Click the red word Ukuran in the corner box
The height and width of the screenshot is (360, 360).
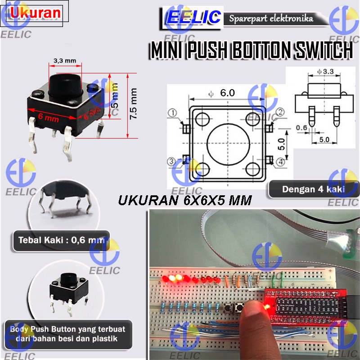point(36,13)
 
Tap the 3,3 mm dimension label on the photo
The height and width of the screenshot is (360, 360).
point(64,60)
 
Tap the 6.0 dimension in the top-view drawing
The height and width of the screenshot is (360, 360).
point(227,93)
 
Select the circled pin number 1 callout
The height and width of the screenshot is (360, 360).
point(172,112)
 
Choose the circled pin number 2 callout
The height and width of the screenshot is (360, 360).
point(280,112)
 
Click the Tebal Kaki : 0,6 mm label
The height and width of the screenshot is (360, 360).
point(61,240)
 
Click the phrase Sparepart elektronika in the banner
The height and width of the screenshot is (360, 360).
point(271,19)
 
